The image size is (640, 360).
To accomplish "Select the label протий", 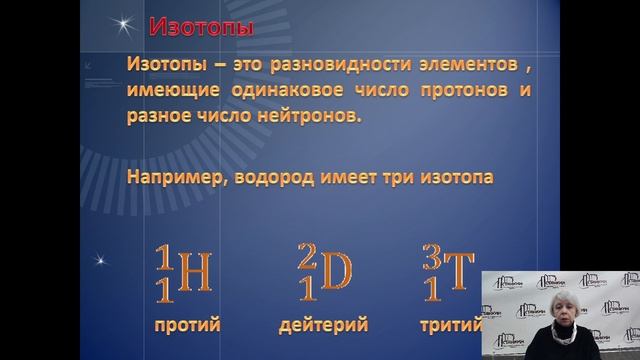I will point(187,325).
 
